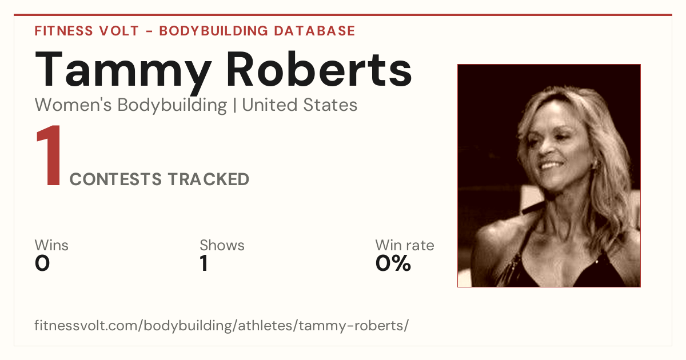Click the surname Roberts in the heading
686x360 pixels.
319,69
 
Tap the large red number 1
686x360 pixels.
49,155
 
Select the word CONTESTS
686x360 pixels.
115,179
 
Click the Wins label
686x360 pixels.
51,245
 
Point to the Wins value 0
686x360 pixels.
42,263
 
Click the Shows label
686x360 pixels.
222,245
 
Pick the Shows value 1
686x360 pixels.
204,263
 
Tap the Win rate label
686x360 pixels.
405,245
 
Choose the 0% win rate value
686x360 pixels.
393,263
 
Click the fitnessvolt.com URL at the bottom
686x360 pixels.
221,325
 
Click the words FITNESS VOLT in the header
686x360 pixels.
87,31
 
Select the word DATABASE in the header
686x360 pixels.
314,31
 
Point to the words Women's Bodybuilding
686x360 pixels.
131,105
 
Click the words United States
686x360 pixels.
300,105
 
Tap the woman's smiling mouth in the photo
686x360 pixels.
550,166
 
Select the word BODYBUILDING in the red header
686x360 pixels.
213,31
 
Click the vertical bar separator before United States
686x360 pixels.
234,105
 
